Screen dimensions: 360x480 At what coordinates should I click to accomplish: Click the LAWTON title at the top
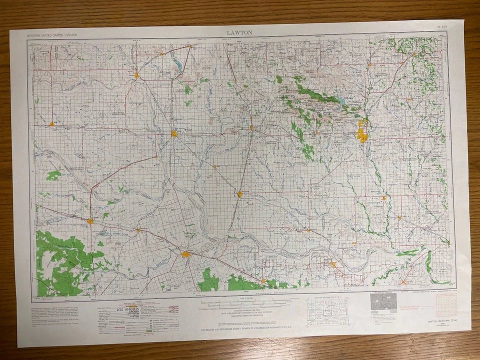[x=239, y=32]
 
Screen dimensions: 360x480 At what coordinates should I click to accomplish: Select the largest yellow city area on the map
[x=362, y=134]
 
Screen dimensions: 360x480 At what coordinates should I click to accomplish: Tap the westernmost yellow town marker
[x=51, y=123]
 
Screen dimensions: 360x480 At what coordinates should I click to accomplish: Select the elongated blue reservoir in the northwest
[x=177, y=64]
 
